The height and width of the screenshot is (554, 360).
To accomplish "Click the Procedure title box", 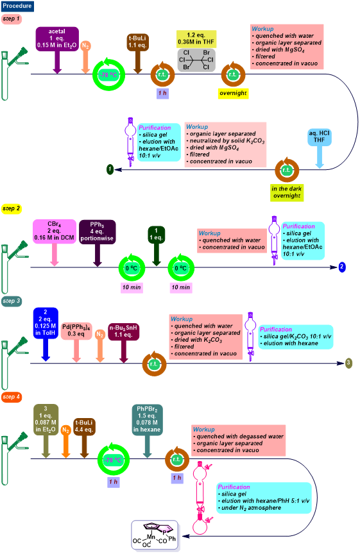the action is [17, 6].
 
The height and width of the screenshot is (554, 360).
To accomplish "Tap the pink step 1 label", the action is [12, 19].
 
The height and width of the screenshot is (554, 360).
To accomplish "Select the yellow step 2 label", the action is [12, 208].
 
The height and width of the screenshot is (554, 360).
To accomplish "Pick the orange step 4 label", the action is [12, 397].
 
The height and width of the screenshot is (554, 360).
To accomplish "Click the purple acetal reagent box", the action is [57, 38].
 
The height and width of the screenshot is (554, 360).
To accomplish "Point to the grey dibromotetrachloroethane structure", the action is [196, 60].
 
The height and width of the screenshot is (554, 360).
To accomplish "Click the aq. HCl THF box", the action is [319, 137].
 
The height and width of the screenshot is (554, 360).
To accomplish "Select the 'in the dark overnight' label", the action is [287, 192].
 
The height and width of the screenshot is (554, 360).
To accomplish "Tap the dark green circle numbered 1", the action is [110, 169].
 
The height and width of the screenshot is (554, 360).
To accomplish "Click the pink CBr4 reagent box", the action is [55, 231].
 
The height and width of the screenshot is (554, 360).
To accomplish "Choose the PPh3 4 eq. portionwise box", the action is [97, 231].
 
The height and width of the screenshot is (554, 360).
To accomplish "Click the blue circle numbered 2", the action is [342, 267].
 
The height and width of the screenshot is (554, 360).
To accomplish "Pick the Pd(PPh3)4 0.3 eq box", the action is [76, 331].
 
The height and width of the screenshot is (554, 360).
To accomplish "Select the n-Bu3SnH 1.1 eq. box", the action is [123, 331].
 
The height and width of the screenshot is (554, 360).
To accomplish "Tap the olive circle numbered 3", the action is [348, 363].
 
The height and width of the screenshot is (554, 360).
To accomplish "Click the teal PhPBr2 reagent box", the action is [147, 419].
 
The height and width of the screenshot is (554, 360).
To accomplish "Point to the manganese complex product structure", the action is [155, 535].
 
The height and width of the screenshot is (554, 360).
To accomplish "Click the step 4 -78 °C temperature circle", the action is [113, 460].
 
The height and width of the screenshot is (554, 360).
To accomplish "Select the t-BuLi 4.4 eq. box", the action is [84, 426].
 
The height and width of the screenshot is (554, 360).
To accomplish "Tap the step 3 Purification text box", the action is [296, 337].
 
